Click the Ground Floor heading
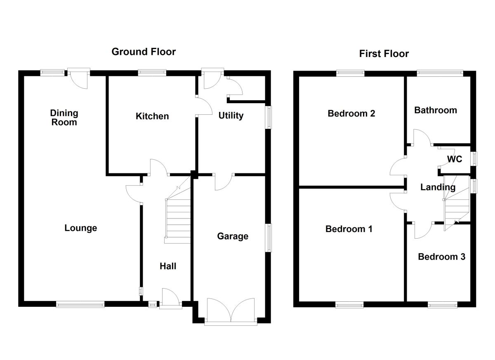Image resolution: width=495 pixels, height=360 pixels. tap(144, 52)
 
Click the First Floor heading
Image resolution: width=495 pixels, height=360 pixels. tap(384, 54)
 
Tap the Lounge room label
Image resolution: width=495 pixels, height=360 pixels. tap(81, 228)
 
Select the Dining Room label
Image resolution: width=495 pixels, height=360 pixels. tap(64, 117)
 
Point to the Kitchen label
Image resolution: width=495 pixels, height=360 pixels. tap(152, 116)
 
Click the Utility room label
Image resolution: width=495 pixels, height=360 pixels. tap(231, 116)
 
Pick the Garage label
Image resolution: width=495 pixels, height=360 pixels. tap(233, 236)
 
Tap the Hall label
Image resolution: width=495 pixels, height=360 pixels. tap(168, 266)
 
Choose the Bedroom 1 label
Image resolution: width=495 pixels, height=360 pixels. tap(349, 229)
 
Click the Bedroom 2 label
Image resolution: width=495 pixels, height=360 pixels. tap(351, 113)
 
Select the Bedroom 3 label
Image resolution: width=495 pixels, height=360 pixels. tap(441, 257)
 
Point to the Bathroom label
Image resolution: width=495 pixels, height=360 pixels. tap(436, 110)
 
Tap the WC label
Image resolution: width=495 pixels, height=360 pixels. tap(455, 159)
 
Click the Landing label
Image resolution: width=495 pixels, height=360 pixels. tap(438, 187)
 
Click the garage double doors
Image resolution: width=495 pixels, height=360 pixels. tap(231, 310)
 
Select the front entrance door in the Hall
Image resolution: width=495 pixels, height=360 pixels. tap(170, 300)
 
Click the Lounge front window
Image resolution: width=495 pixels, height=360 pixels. tap(80, 305)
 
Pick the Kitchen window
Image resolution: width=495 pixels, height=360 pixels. tap(152, 73)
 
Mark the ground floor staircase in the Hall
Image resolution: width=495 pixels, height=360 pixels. tap(178, 219)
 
